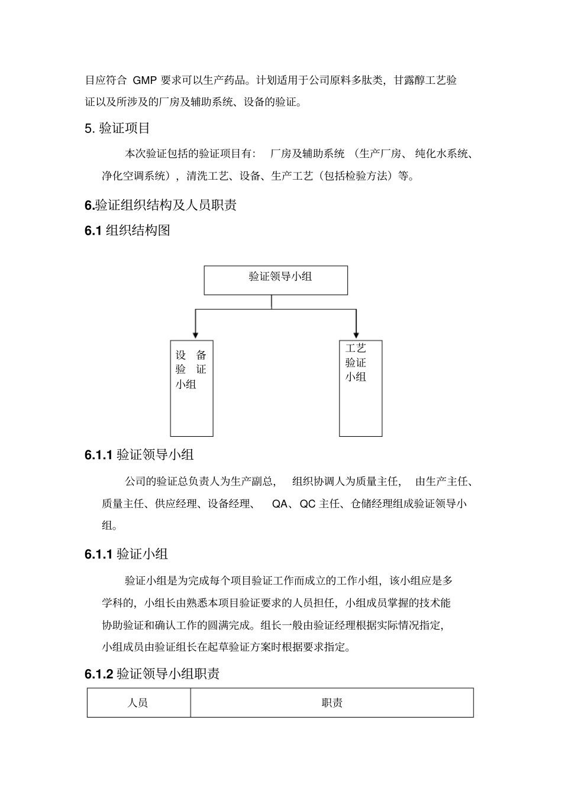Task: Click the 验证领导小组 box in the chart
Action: coord(276,280)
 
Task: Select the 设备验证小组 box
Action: coord(192,388)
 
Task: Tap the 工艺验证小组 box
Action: coord(360,388)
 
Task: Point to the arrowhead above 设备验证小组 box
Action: coord(195,335)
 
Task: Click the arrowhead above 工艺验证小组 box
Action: coord(356,334)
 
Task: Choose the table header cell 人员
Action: coord(138,703)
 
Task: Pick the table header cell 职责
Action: coord(332,703)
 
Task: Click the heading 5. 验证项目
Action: coord(117,128)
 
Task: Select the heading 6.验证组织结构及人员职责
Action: coord(160,206)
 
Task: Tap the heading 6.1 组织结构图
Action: coord(127,231)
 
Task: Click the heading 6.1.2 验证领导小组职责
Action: coord(152,674)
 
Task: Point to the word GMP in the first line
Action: coord(144,80)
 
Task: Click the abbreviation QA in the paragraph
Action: coord(279,504)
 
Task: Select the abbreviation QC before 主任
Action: coord(308,504)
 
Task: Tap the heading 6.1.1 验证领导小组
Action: coord(139,455)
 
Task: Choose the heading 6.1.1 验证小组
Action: coord(126,554)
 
